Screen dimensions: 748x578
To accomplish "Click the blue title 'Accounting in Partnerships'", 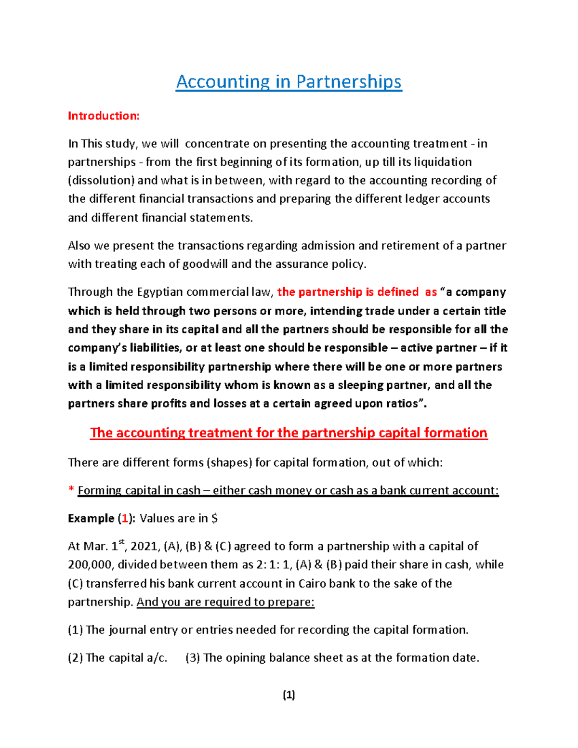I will click(289, 82).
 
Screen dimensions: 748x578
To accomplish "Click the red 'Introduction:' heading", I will click(104, 116).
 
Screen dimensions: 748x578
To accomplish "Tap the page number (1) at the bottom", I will click(289, 695).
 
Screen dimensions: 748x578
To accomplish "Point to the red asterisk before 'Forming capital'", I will click(71, 490).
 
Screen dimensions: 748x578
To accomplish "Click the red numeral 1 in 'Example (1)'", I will click(125, 518).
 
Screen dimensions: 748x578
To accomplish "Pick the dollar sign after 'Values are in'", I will click(214, 518).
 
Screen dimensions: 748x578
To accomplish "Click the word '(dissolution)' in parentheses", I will click(101, 181).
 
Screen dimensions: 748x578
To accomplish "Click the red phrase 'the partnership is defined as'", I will click(357, 292).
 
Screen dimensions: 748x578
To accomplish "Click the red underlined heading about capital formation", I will click(289, 433).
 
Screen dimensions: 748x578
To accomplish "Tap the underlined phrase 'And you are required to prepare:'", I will click(225, 602).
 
